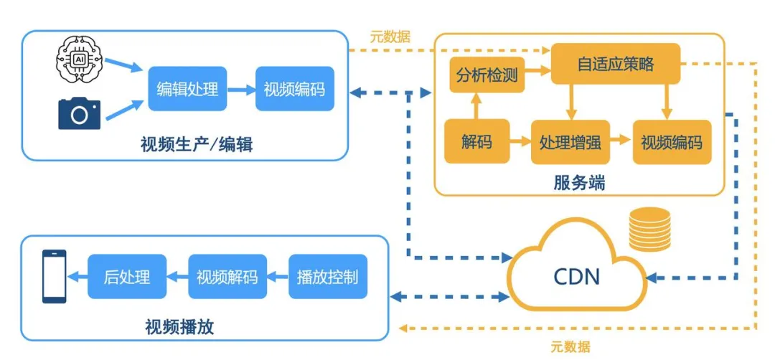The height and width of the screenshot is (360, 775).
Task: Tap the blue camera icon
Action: click(x=79, y=113)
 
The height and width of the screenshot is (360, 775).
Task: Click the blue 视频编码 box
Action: click(x=294, y=90)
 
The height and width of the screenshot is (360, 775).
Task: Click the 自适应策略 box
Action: click(x=615, y=64)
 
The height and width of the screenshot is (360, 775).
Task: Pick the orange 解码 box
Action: click(x=477, y=141)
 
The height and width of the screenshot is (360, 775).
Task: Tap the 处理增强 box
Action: click(x=570, y=141)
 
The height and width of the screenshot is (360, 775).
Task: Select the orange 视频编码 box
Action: click(x=672, y=141)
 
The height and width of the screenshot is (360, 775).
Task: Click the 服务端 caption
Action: click(x=579, y=183)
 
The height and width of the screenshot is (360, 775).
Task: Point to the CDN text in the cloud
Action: click(x=577, y=276)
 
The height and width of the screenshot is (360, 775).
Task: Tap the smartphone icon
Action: click(x=54, y=276)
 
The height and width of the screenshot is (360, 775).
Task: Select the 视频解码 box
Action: click(x=227, y=277)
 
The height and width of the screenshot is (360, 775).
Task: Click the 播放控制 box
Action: click(x=327, y=277)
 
